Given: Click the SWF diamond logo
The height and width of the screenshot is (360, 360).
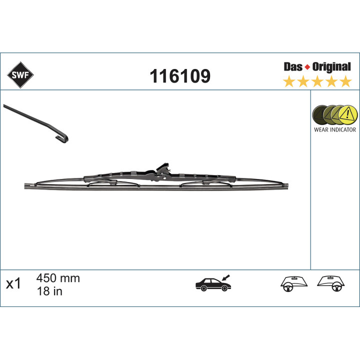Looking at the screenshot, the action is [20, 75].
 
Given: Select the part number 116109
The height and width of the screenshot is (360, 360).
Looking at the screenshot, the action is [180, 76].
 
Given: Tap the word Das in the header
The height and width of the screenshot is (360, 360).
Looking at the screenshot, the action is [293, 67].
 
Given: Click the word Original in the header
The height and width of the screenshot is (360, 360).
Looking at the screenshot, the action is [331, 67].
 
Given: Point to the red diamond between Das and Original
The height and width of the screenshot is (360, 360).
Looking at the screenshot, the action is [307, 67].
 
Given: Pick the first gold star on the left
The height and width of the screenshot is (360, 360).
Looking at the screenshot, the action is [289, 81].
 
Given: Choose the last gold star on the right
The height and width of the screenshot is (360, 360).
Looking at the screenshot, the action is [346, 81].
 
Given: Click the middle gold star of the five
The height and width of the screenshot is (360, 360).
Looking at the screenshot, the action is [317, 81].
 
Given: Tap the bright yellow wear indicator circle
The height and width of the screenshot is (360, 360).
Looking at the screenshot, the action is [348, 115].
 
